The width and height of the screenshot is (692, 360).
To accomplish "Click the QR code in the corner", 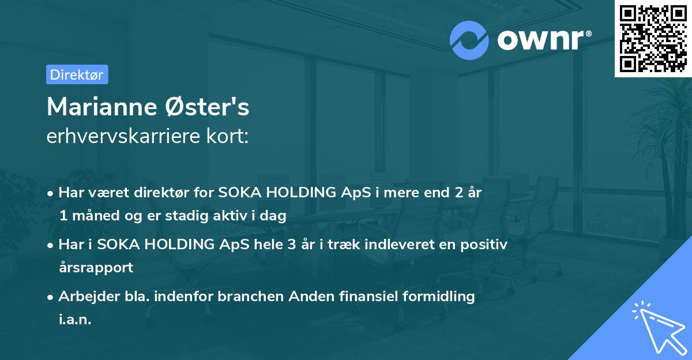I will point(653,39).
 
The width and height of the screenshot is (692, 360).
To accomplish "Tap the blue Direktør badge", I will point(77,74).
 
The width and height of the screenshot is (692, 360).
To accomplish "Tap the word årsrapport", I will point(96,268).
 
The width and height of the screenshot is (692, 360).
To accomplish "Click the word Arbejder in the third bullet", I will point(85,297).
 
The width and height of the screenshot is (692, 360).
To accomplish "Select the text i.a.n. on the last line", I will point(75,319).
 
